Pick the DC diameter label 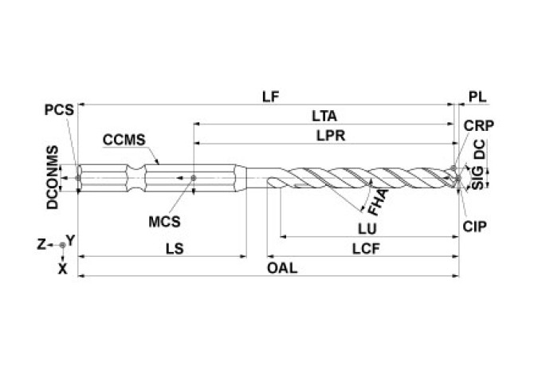[x=479, y=150]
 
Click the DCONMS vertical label [x=53, y=177]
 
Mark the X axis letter [x=62, y=269]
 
